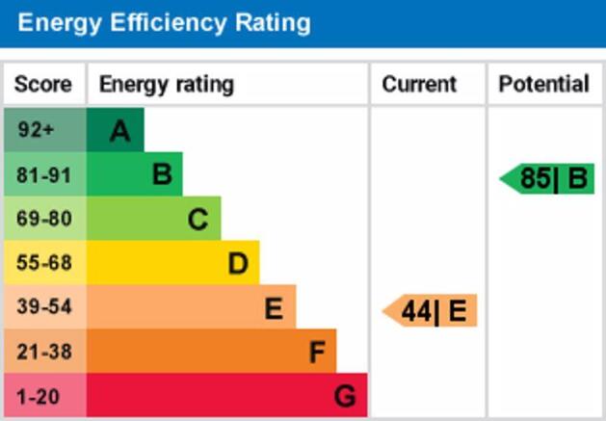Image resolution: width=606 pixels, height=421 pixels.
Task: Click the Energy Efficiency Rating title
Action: (x=164, y=22)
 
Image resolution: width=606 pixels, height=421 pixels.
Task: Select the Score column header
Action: (x=43, y=85)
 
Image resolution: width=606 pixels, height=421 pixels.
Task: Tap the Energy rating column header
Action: (x=166, y=85)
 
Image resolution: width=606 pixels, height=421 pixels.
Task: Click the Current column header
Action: (x=419, y=85)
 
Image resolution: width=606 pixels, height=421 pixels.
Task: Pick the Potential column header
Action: (x=543, y=85)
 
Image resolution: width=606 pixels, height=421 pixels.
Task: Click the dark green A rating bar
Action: (x=116, y=130)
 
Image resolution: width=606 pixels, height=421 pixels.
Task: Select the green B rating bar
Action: (x=135, y=174)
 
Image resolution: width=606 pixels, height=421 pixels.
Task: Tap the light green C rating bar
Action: (x=154, y=219)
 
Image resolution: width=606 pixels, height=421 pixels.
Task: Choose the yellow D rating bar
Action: (x=173, y=263)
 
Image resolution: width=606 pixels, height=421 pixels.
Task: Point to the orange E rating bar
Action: (x=192, y=308)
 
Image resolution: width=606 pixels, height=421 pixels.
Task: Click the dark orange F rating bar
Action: (x=212, y=353)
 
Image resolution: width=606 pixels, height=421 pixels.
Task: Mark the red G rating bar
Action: (x=227, y=396)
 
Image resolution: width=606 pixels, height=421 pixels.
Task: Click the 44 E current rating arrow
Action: (x=432, y=312)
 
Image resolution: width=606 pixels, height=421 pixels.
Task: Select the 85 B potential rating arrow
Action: (x=549, y=179)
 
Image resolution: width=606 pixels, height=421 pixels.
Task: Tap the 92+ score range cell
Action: (x=44, y=130)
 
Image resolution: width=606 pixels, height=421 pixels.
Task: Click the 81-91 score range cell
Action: (x=44, y=174)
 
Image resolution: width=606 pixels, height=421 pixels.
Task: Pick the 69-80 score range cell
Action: (x=44, y=219)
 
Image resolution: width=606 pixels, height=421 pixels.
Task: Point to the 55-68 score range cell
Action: (x=44, y=263)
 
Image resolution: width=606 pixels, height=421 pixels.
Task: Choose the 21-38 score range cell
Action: (x=44, y=353)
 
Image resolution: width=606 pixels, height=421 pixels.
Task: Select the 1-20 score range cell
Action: (x=44, y=396)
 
